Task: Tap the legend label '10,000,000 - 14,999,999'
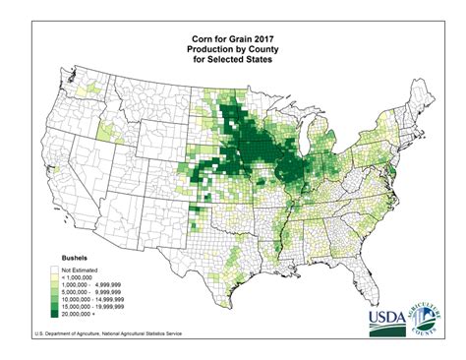coord(100,298)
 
